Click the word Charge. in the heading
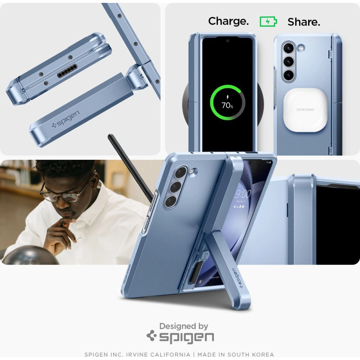click(x=228, y=21)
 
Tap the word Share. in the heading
click(x=303, y=22)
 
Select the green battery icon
click(x=268, y=22)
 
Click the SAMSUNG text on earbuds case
click(x=305, y=109)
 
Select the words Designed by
click(x=184, y=327)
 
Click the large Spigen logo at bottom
click(x=180, y=337)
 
